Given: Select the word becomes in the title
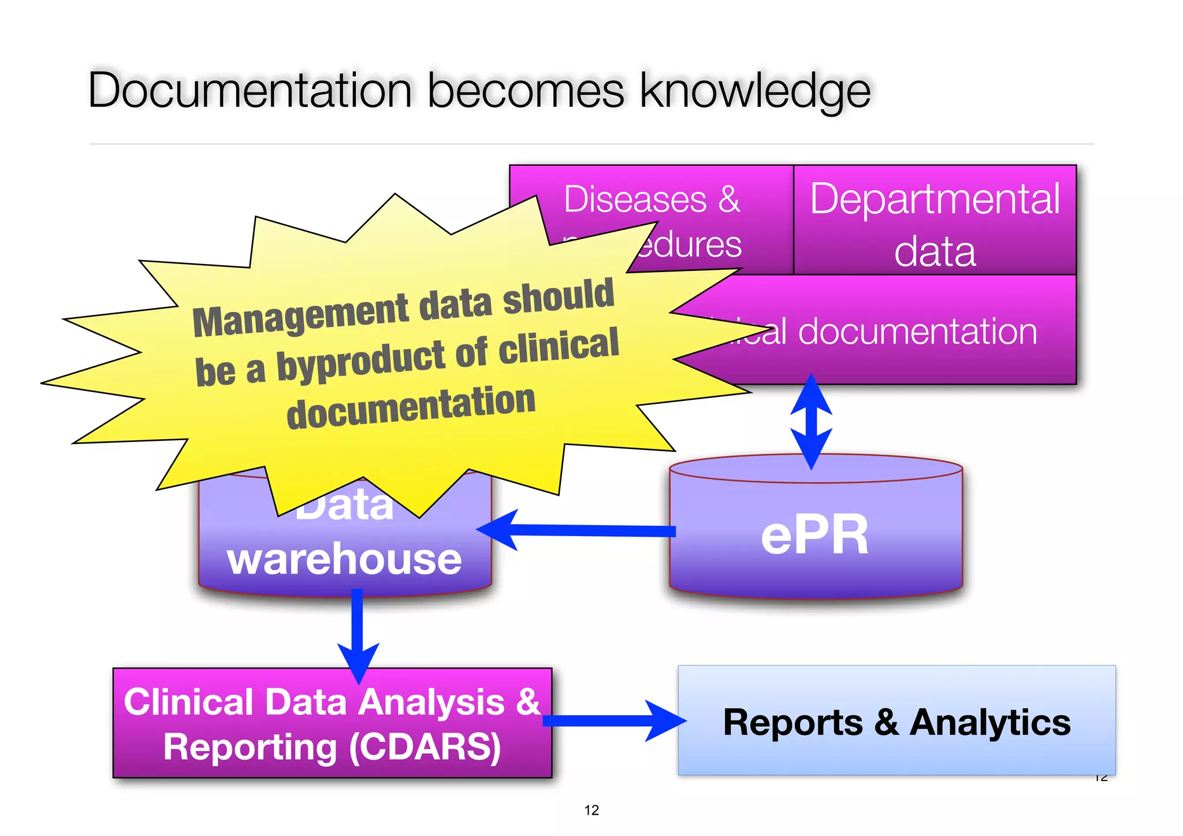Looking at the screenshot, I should click(x=526, y=91).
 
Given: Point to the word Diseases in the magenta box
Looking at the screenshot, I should click(x=635, y=199).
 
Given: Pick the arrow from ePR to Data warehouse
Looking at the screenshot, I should click(x=578, y=530).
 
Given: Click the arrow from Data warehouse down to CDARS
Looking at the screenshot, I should click(x=358, y=636).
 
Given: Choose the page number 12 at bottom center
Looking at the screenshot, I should click(x=591, y=810).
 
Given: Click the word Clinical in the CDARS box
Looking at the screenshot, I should click(x=188, y=702).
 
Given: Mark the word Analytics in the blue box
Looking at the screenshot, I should click(x=990, y=722).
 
